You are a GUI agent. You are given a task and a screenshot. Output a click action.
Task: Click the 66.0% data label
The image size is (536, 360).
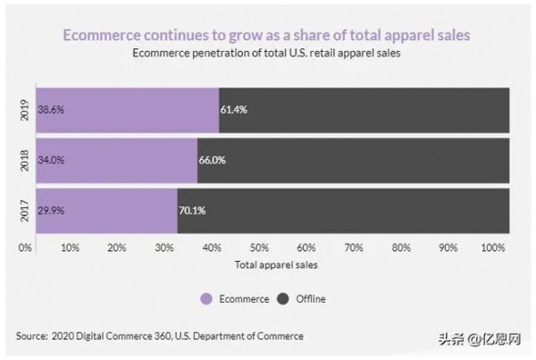(214, 161)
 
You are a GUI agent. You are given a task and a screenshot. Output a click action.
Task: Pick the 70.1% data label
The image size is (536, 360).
(194, 211)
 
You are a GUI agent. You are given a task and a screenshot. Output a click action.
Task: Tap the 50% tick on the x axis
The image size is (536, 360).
(259, 247)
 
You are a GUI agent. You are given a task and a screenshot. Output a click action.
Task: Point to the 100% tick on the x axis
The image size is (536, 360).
(493, 247)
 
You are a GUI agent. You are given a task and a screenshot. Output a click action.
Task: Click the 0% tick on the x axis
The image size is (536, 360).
(25, 247)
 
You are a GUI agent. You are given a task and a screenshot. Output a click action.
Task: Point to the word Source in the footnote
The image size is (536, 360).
(32, 336)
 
